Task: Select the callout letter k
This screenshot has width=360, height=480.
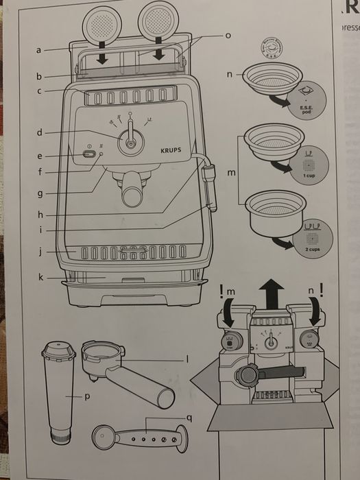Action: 42,278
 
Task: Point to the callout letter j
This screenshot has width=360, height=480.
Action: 41,252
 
